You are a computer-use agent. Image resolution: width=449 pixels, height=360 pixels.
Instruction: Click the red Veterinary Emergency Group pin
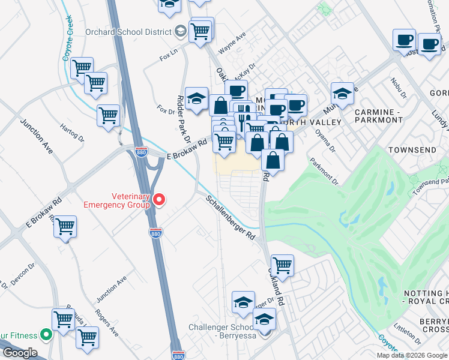click(158, 199)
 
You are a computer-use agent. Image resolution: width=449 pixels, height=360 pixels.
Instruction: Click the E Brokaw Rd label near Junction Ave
click(44, 213)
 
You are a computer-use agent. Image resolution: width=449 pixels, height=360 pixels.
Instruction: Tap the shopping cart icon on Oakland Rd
click(282, 264)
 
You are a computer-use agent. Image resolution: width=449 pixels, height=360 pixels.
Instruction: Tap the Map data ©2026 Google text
click(411, 355)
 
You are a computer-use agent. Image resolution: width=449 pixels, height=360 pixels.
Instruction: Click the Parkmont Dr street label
click(324, 171)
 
